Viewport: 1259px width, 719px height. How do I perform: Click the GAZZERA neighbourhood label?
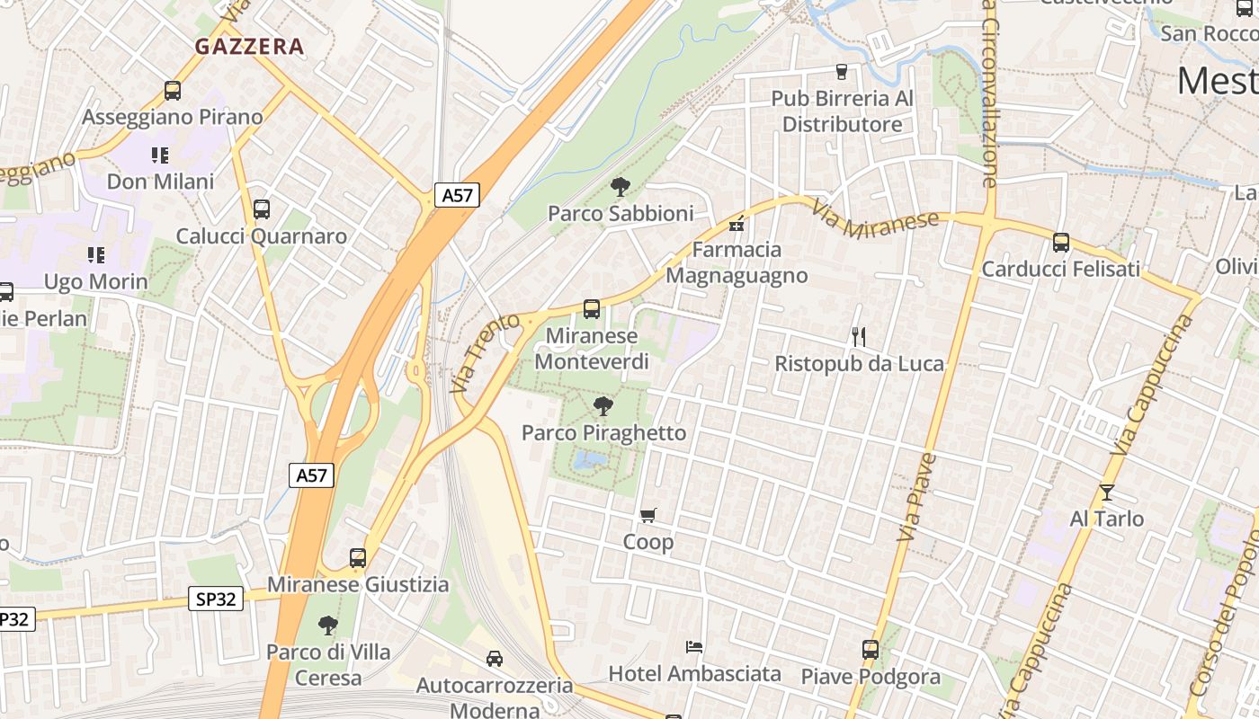[x=249, y=47]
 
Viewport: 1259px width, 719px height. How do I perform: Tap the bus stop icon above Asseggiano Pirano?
[x=172, y=91]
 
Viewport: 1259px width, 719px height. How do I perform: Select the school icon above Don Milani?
[x=160, y=155]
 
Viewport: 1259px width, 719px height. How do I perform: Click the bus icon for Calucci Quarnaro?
[x=261, y=209]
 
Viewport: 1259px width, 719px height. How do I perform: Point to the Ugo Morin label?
[x=96, y=282]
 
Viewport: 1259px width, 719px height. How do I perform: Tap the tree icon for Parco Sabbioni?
[x=620, y=187]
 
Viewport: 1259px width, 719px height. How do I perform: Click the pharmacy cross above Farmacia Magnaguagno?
[x=737, y=224]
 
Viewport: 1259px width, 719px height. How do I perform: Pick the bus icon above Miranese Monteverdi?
[x=591, y=309]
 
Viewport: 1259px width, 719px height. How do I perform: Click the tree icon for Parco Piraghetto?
[x=603, y=406]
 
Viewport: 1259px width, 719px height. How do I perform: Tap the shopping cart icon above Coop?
[x=647, y=515]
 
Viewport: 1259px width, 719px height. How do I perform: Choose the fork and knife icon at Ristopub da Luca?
[x=858, y=337]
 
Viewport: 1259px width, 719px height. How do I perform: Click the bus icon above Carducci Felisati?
[x=1061, y=243]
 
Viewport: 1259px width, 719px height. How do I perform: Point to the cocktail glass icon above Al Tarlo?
[x=1106, y=493]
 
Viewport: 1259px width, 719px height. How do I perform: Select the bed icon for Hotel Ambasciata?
[x=693, y=646]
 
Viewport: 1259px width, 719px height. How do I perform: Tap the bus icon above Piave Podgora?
[x=870, y=649]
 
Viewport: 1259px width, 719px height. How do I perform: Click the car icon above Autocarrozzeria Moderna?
[x=494, y=659]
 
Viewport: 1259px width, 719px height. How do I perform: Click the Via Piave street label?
[x=917, y=497]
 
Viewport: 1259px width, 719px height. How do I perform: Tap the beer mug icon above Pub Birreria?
[x=842, y=72]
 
